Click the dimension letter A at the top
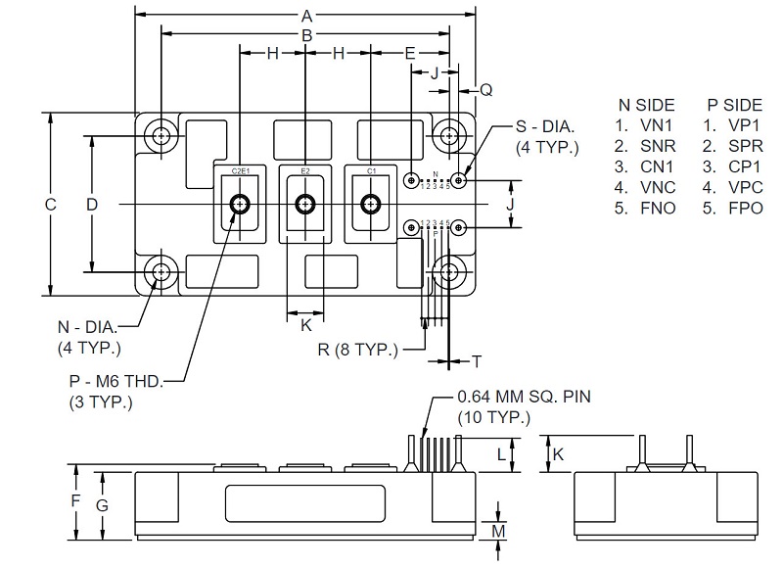click(306, 16)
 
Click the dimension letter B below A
click(306, 35)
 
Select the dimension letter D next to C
click(92, 204)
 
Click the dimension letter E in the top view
click(410, 53)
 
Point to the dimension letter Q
click(485, 90)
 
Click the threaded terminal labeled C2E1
click(240, 204)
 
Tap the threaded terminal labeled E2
click(305, 204)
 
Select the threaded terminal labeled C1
click(371, 204)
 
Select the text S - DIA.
click(545, 128)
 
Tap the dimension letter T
click(477, 361)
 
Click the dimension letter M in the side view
click(500, 530)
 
